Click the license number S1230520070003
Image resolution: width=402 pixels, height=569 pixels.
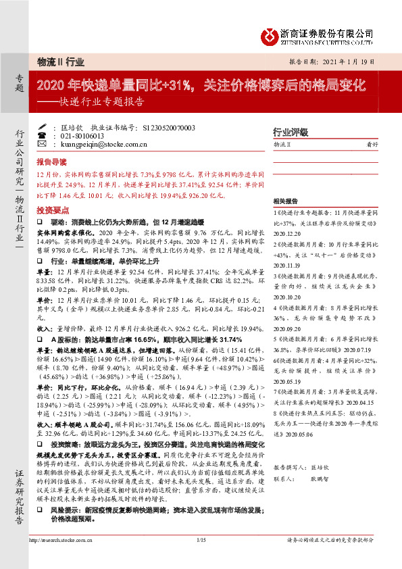click(x=169, y=127)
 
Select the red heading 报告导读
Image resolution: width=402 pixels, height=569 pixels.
click(x=51, y=162)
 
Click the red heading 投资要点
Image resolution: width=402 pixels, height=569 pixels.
click(x=51, y=211)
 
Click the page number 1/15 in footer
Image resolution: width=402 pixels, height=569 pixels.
click(x=201, y=558)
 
